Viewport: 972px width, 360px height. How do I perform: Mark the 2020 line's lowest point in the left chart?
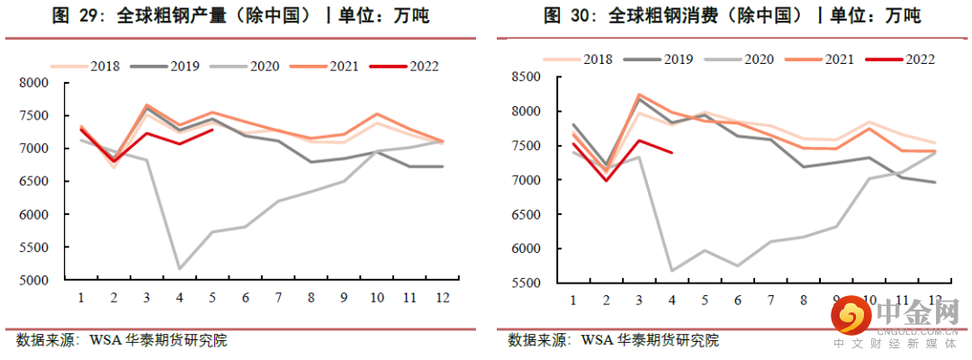[179, 268]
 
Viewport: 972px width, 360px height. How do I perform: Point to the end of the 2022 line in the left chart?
[212, 130]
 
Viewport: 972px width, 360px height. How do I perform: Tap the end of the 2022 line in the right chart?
[672, 153]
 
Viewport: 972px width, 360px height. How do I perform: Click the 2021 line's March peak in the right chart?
[639, 94]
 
